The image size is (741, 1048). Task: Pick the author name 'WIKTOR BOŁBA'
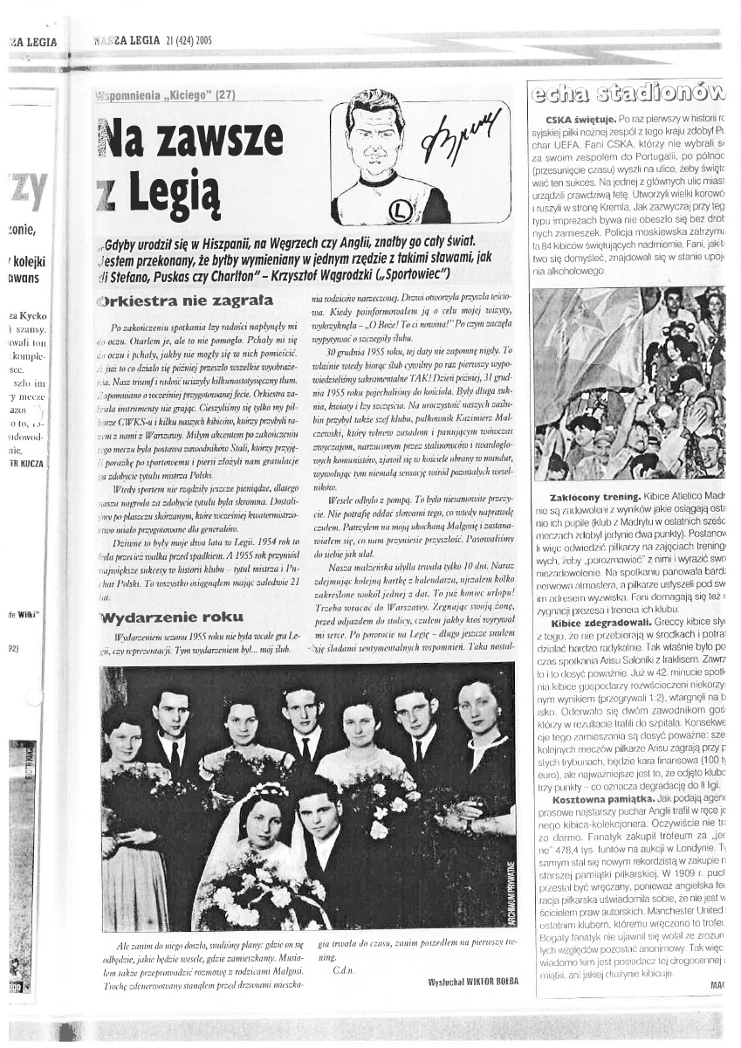473,981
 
